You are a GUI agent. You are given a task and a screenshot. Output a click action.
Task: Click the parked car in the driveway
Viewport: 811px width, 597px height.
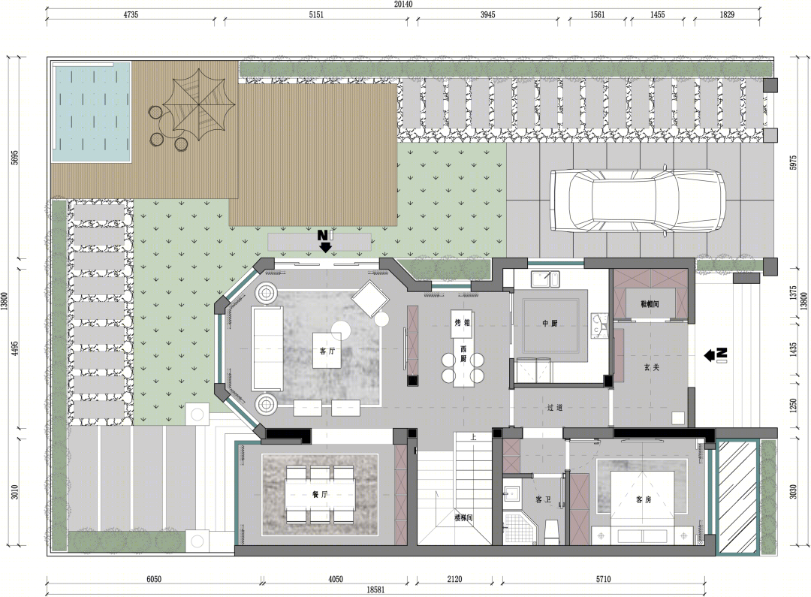pyautogui.click(x=638, y=200)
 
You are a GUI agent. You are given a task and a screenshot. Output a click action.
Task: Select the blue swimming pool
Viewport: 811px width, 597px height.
pyautogui.click(x=91, y=112)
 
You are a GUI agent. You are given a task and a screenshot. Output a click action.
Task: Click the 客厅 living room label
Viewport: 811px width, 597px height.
pyautogui.click(x=327, y=351)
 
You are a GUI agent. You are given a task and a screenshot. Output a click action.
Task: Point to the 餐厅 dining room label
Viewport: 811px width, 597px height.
pyautogui.click(x=320, y=495)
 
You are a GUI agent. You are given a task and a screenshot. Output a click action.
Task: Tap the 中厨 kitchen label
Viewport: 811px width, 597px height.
pyautogui.click(x=549, y=324)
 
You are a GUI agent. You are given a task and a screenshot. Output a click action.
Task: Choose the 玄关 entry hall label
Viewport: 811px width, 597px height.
pyautogui.click(x=651, y=367)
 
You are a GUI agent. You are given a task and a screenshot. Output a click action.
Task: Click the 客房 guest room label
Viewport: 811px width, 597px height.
pyautogui.click(x=644, y=499)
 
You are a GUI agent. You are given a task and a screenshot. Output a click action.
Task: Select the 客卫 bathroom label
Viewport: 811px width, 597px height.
pyautogui.click(x=543, y=499)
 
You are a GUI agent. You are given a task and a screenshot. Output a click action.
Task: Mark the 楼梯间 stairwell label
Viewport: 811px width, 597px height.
pyautogui.click(x=463, y=517)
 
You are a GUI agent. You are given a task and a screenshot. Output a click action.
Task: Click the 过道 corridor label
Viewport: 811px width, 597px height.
pyautogui.click(x=554, y=408)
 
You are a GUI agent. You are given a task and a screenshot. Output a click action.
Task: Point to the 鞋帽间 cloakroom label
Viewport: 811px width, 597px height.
pyautogui.click(x=650, y=304)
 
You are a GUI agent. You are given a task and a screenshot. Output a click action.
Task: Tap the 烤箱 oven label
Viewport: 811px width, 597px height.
pyautogui.click(x=462, y=323)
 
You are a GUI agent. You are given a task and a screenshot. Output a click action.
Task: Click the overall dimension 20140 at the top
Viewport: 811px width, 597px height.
pyautogui.click(x=403, y=5)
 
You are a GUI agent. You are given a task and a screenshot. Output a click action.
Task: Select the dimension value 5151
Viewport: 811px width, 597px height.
pyautogui.click(x=316, y=15)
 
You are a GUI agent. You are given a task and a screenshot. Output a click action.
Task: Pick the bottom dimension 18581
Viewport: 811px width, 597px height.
pyautogui.click(x=375, y=589)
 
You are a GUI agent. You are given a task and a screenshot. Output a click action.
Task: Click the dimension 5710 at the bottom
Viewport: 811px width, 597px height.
pyautogui.click(x=603, y=580)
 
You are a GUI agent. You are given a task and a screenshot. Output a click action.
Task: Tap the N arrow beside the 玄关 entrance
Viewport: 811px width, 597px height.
pyautogui.click(x=716, y=354)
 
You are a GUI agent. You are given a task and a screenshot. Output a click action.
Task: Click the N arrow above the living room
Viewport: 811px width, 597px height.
pyautogui.click(x=324, y=241)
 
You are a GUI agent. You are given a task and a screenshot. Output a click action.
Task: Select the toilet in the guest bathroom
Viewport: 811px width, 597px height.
pyautogui.click(x=552, y=532)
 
